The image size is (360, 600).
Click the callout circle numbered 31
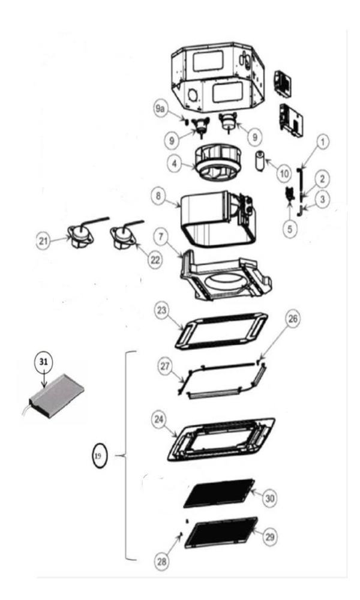[x=44, y=362]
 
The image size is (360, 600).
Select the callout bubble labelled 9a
[x=160, y=109]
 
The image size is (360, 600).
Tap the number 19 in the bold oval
[x=100, y=456]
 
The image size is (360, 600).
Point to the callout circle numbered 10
[x=284, y=174]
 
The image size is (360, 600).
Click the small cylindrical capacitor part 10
[x=261, y=161]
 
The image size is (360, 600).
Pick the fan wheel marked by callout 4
[x=217, y=163]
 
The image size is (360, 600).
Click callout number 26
[x=293, y=319]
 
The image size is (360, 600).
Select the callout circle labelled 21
[x=43, y=241]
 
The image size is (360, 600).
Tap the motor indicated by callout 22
[x=123, y=237]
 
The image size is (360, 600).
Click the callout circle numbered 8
[x=158, y=196]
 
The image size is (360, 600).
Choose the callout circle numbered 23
[x=162, y=310]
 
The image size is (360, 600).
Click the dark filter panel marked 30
[x=219, y=493]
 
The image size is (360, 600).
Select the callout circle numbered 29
[x=270, y=537]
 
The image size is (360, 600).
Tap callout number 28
[x=162, y=562]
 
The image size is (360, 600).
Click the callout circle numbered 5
[x=290, y=229]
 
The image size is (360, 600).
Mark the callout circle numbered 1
[x=323, y=142]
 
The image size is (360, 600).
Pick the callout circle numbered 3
[x=323, y=199]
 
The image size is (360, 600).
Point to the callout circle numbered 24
[x=159, y=419]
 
